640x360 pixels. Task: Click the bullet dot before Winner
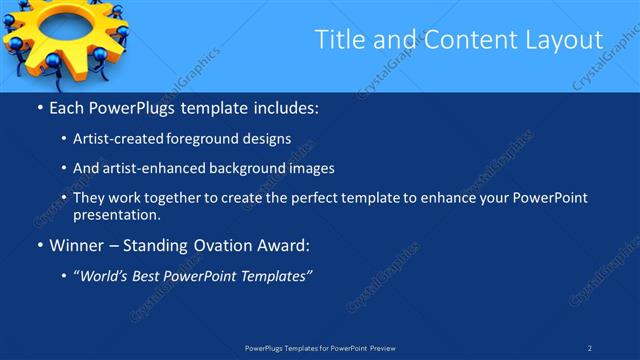39,244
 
